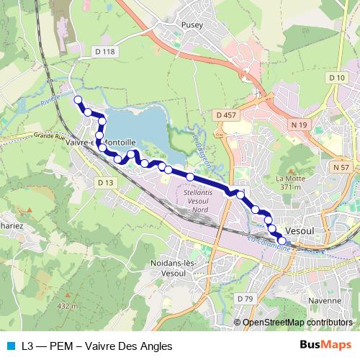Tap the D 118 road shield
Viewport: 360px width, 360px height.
104,52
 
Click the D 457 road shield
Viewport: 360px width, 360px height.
225,115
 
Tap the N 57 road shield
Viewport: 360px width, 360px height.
342,166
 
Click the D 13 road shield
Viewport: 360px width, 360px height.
105,183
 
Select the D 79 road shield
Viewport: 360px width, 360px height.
246,298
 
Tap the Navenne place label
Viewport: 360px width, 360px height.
325,301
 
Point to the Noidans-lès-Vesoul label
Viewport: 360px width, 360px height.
171,269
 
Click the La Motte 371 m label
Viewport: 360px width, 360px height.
287,182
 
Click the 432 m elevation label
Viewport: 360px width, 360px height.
66,306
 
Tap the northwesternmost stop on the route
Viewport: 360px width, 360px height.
77,101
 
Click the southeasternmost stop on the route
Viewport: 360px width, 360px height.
282,242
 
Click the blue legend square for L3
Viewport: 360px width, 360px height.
11,346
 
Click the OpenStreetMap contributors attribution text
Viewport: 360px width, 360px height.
297,323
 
